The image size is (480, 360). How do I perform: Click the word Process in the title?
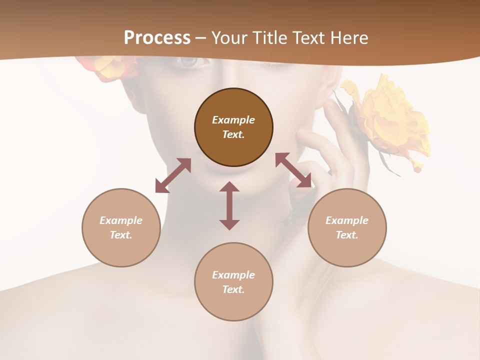(157, 38)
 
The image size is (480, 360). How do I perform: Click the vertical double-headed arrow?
(229, 205)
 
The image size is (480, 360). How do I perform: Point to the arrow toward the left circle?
(173, 175)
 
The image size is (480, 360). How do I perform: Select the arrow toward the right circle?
(293, 170)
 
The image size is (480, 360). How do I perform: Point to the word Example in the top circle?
(233, 120)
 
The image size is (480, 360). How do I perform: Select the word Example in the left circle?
(121, 220)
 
